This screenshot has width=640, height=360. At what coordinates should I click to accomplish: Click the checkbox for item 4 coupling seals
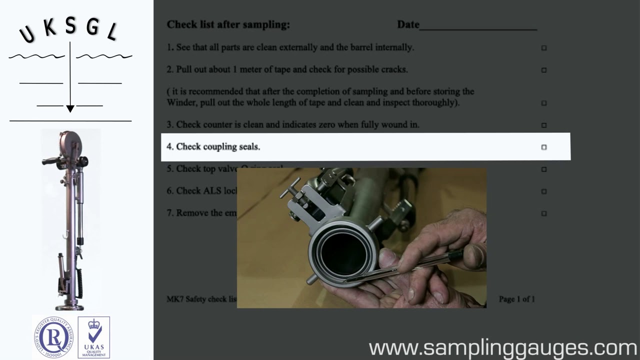pyautogui.click(x=544, y=147)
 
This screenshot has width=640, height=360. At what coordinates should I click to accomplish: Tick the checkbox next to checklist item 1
pyautogui.click(x=544, y=48)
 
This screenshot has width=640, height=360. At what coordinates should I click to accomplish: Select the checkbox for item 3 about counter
pyautogui.click(x=544, y=125)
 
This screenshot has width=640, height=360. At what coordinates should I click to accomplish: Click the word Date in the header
pyautogui.click(x=408, y=24)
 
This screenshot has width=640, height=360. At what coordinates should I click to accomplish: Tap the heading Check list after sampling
pyautogui.click(x=228, y=24)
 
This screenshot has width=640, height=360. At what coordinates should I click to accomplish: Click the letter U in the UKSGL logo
pyautogui.click(x=27, y=34)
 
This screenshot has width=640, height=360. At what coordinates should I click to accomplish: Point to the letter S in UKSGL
pyautogui.click(x=70, y=26)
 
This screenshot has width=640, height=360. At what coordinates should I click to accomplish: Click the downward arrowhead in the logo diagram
pyautogui.click(x=70, y=108)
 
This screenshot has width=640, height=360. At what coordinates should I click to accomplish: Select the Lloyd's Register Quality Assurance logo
pyautogui.click(x=53, y=337)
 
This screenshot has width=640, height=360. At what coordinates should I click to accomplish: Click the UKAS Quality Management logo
pyautogui.click(x=93, y=337)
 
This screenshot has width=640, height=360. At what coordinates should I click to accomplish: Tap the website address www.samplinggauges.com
pyautogui.click(x=502, y=347)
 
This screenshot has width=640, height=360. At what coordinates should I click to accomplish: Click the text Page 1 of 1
pyautogui.click(x=516, y=299)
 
